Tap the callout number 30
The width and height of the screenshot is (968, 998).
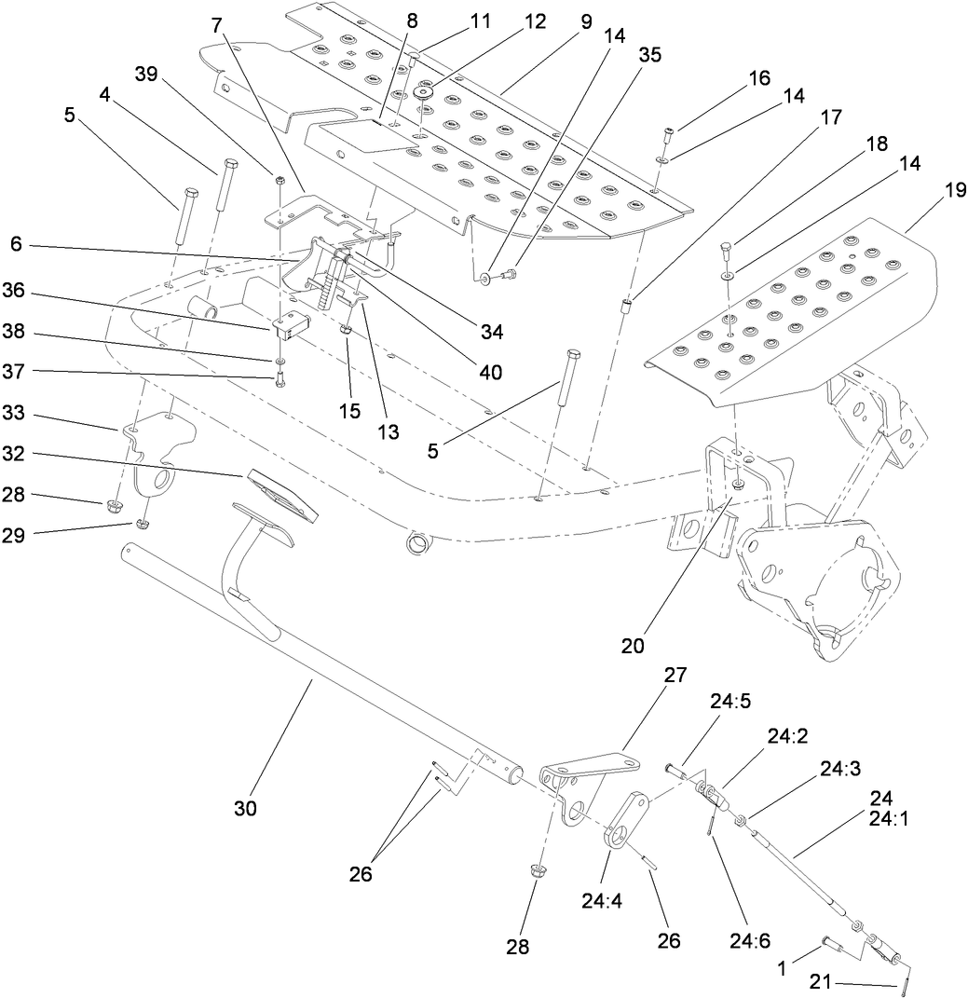click(x=245, y=807)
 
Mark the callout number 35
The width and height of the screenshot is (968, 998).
click(x=649, y=55)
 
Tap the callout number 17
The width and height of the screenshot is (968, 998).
click(x=830, y=118)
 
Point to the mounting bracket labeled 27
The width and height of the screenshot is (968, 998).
click(x=587, y=772)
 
